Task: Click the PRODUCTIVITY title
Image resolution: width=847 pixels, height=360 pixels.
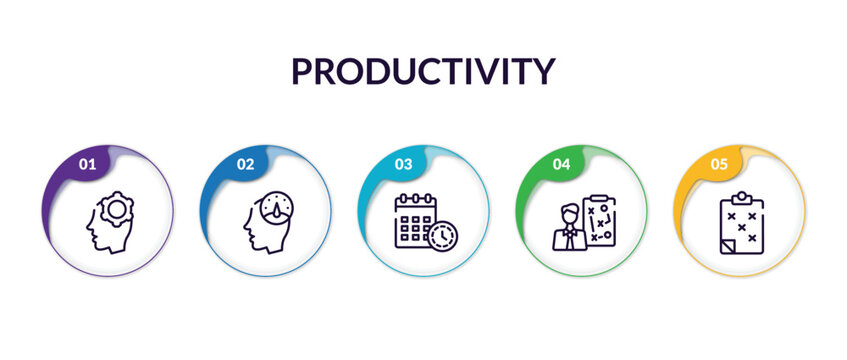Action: [422, 72]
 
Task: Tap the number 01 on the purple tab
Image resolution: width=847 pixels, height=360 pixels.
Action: [87, 163]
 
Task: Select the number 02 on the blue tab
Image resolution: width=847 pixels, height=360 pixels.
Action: [245, 163]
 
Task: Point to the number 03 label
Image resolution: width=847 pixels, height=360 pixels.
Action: [403, 163]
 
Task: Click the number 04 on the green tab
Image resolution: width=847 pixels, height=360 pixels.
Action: [561, 163]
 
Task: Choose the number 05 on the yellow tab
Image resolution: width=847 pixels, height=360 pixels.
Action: [719, 163]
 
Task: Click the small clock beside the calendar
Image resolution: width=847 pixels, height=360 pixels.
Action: [440, 236]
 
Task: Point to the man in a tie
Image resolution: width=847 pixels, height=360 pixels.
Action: [568, 227]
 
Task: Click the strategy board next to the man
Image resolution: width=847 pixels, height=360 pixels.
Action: [598, 220]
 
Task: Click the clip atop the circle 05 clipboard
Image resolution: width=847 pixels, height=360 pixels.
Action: [741, 197]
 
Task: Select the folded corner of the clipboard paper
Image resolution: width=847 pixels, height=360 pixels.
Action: [727, 246]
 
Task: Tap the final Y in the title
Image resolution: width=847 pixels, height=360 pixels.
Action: [542, 72]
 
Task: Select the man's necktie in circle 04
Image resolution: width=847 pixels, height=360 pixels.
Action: [569, 238]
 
